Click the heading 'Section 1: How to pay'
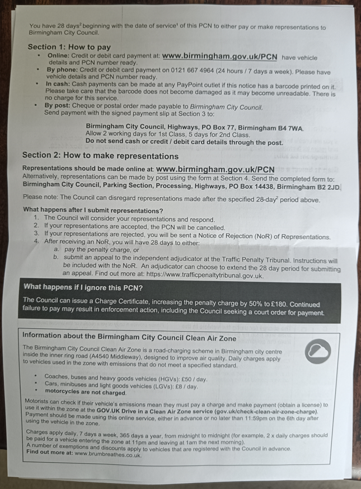[69, 47]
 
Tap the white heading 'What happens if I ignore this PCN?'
[83, 287]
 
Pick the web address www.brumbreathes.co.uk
[107, 454]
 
